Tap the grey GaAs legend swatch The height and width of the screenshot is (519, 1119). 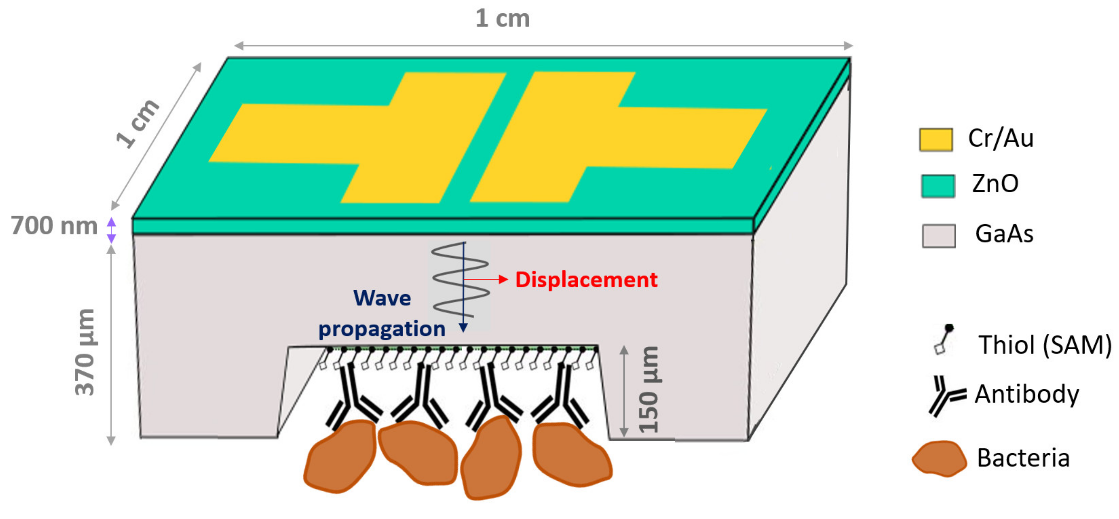pyautogui.click(x=939, y=236)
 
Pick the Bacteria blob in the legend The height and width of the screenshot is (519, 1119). pyautogui.click(x=939, y=459)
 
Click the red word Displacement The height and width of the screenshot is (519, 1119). pyautogui.click(x=586, y=280)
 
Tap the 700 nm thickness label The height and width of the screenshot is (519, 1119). pyautogui.click(x=54, y=226)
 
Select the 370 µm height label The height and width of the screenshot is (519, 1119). pyautogui.click(x=85, y=352)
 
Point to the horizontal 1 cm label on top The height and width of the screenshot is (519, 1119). pyautogui.click(x=503, y=19)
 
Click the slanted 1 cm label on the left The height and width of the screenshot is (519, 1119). pyautogui.click(x=138, y=123)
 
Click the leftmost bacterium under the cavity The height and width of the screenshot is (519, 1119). pyautogui.click(x=340, y=456)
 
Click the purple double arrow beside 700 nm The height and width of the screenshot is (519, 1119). pyautogui.click(x=111, y=230)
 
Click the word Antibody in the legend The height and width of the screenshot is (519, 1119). pyautogui.click(x=1027, y=394)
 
